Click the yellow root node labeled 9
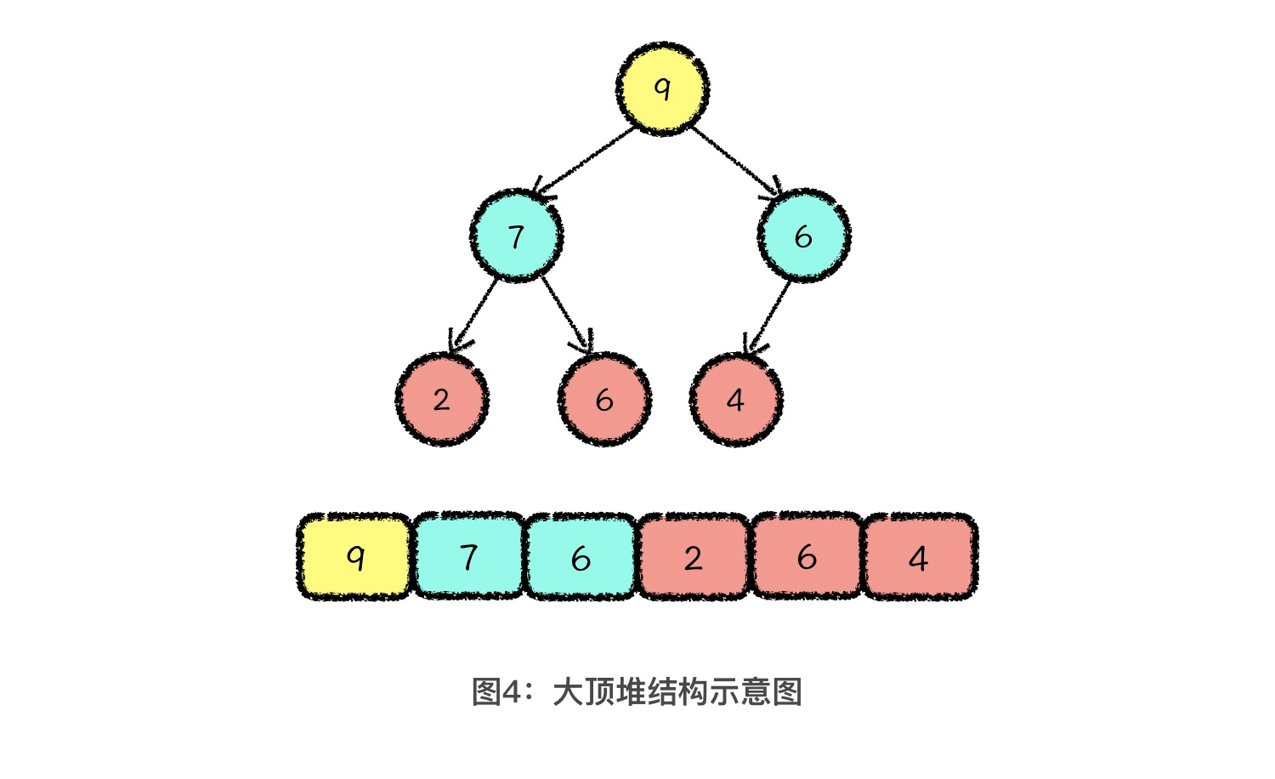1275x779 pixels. point(662,88)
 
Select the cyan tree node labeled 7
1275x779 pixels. point(516,236)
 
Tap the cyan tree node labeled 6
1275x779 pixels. point(803,236)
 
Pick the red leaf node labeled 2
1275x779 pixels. point(441,400)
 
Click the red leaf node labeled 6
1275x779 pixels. point(604,400)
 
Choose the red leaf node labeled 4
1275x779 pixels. point(735,400)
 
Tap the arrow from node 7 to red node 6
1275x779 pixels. point(566,312)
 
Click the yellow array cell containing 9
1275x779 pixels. point(355,557)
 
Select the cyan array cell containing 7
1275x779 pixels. point(468,557)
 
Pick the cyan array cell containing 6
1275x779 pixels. point(581,557)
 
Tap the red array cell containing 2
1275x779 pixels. point(694,557)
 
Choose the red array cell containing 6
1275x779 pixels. point(807,557)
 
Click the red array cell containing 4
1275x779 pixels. point(919,557)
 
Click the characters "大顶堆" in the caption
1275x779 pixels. point(599,692)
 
